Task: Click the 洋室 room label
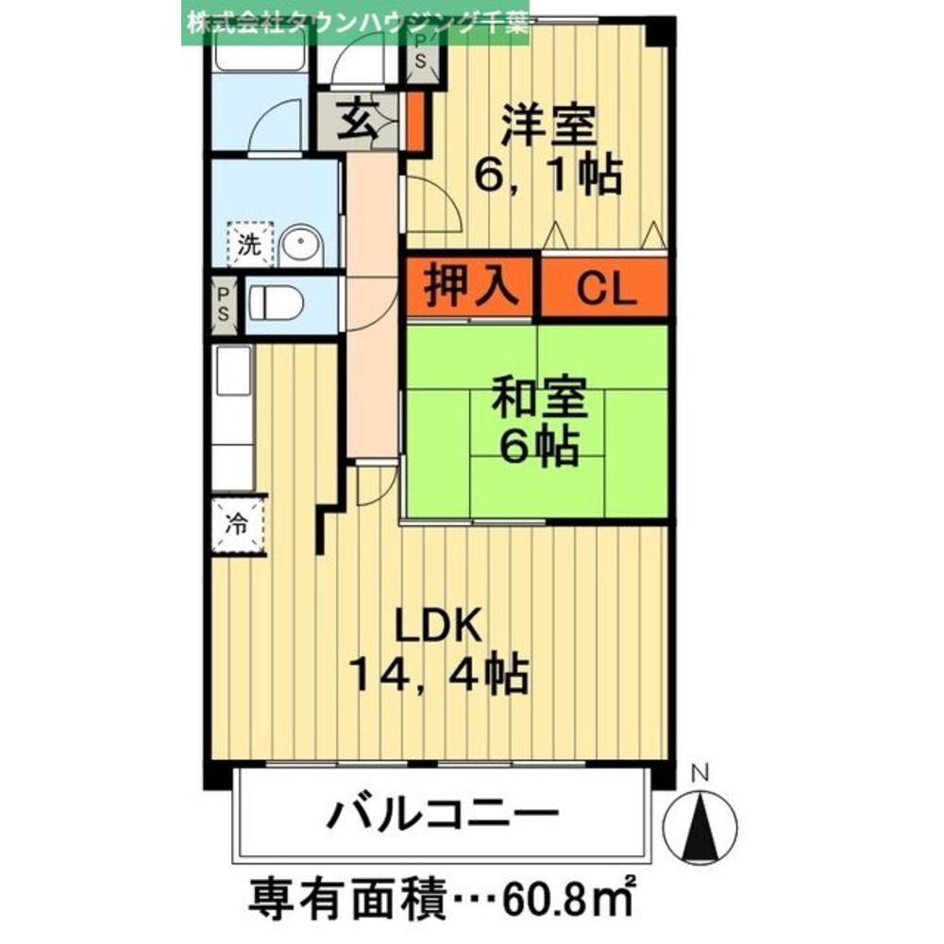coord(548,127)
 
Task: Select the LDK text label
coord(438,625)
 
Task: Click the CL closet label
coord(604,290)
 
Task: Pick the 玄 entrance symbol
coord(357,124)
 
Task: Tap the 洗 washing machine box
coord(249,246)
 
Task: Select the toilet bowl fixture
coord(277,304)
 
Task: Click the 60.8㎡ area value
coord(565,893)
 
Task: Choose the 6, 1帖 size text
coord(548,176)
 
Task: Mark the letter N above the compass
coord(700,773)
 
